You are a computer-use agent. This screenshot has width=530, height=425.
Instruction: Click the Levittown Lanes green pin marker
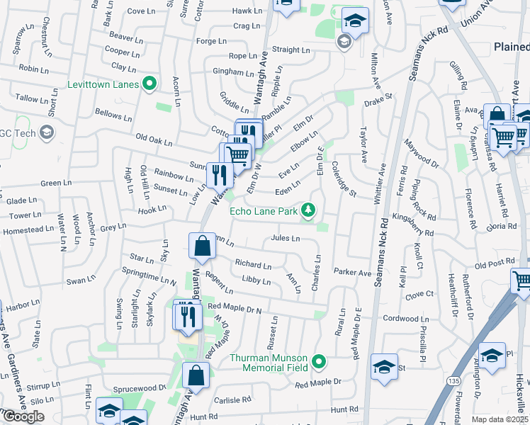149,84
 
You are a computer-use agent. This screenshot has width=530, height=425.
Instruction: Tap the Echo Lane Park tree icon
308,210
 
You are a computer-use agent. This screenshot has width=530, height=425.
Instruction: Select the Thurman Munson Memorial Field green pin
319,362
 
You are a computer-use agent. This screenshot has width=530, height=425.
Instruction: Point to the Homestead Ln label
28,230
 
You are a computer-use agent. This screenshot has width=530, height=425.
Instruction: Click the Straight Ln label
291,50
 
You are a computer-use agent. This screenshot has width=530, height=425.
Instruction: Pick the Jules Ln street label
285,239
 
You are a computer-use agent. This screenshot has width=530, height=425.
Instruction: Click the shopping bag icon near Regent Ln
202,246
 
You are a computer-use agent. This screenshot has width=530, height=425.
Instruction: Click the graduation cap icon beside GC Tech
47,132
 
